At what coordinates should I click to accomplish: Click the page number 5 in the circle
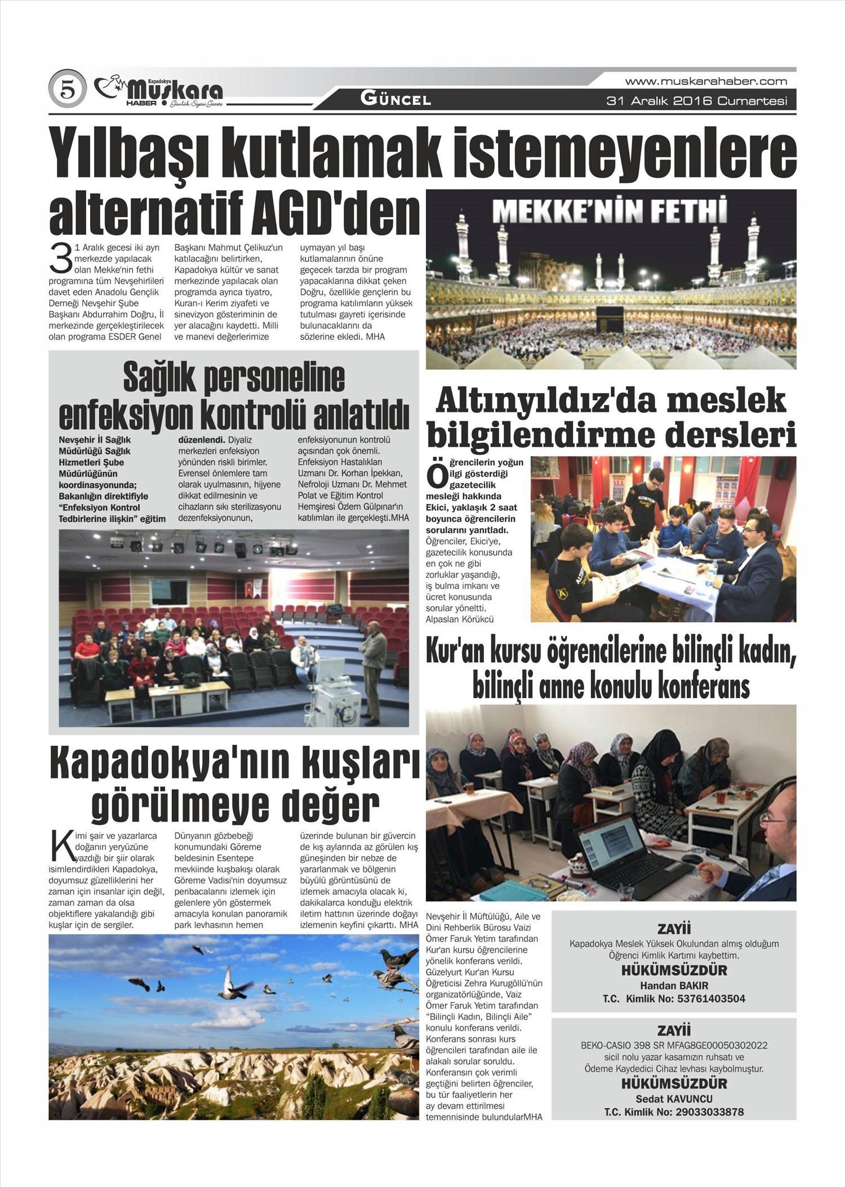coord(68,90)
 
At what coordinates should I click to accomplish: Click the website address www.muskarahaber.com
coord(706,81)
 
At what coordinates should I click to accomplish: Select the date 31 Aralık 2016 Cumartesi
coord(696,101)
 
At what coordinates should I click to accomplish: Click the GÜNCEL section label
coord(395,100)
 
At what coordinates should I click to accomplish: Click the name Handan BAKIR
coord(674,986)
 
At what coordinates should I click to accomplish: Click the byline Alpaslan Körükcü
coord(460,619)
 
